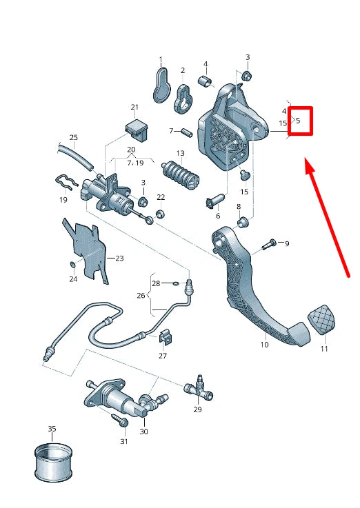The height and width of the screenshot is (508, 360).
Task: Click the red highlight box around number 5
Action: click(301, 121)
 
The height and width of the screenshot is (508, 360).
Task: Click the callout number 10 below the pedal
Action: click(264, 345)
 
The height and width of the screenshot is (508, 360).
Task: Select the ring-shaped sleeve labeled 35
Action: click(52, 463)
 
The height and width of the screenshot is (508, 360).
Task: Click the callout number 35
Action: click(52, 429)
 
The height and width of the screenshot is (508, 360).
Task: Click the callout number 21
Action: click(134, 107)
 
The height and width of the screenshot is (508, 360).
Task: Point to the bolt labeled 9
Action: click(270, 243)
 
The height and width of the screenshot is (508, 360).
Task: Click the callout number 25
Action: click(74, 137)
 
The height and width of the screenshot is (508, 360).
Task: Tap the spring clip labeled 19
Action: click(67, 185)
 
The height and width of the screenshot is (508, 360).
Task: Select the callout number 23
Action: click(119, 258)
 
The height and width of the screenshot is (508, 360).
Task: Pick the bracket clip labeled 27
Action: click(164, 337)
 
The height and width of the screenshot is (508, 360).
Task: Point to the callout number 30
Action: click(143, 432)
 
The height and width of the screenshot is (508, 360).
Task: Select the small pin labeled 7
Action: click(185, 131)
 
